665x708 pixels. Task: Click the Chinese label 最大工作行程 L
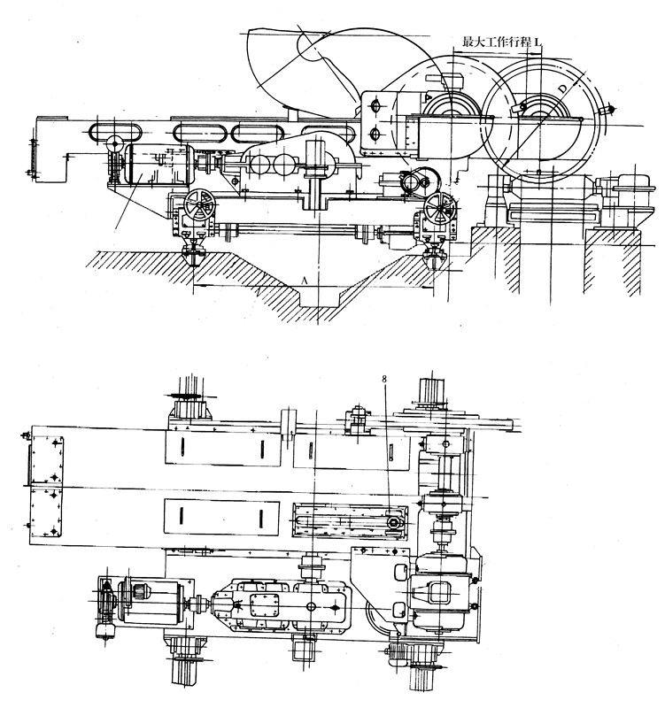tap(501, 42)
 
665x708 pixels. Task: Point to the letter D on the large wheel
tap(561, 90)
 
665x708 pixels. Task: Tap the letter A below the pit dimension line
tap(305, 281)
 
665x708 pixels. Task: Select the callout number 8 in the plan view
tap(384, 379)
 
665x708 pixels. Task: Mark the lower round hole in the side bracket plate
tap(375, 135)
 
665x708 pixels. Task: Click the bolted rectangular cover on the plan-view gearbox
tap(264, 605)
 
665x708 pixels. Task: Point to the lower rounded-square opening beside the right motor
tap(400, 610)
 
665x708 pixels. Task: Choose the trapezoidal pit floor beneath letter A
tap(319, 296)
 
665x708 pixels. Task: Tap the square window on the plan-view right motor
tap(439, 593)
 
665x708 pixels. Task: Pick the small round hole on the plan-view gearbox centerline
tap(311, 606)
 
